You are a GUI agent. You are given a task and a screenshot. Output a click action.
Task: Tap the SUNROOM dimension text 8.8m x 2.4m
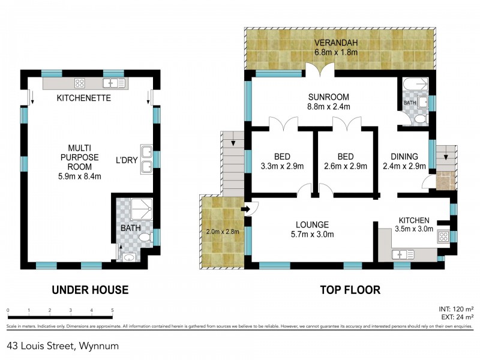pos(329,107)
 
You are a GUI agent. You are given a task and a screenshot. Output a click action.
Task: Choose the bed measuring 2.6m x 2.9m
pos(345,161)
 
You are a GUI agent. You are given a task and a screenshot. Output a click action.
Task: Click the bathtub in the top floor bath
pos(415,85)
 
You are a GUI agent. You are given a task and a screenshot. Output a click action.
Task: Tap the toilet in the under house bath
pos(143,238)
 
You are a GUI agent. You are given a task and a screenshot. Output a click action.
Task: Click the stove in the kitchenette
pos(80,83)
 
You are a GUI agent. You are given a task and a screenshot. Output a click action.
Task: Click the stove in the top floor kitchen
pos(445,236)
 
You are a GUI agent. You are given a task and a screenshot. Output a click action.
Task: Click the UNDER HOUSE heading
pos(90,290)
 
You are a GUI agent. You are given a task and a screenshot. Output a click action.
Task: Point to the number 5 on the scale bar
pos(112,311)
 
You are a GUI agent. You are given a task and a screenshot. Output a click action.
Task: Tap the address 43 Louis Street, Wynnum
pos(63,346)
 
